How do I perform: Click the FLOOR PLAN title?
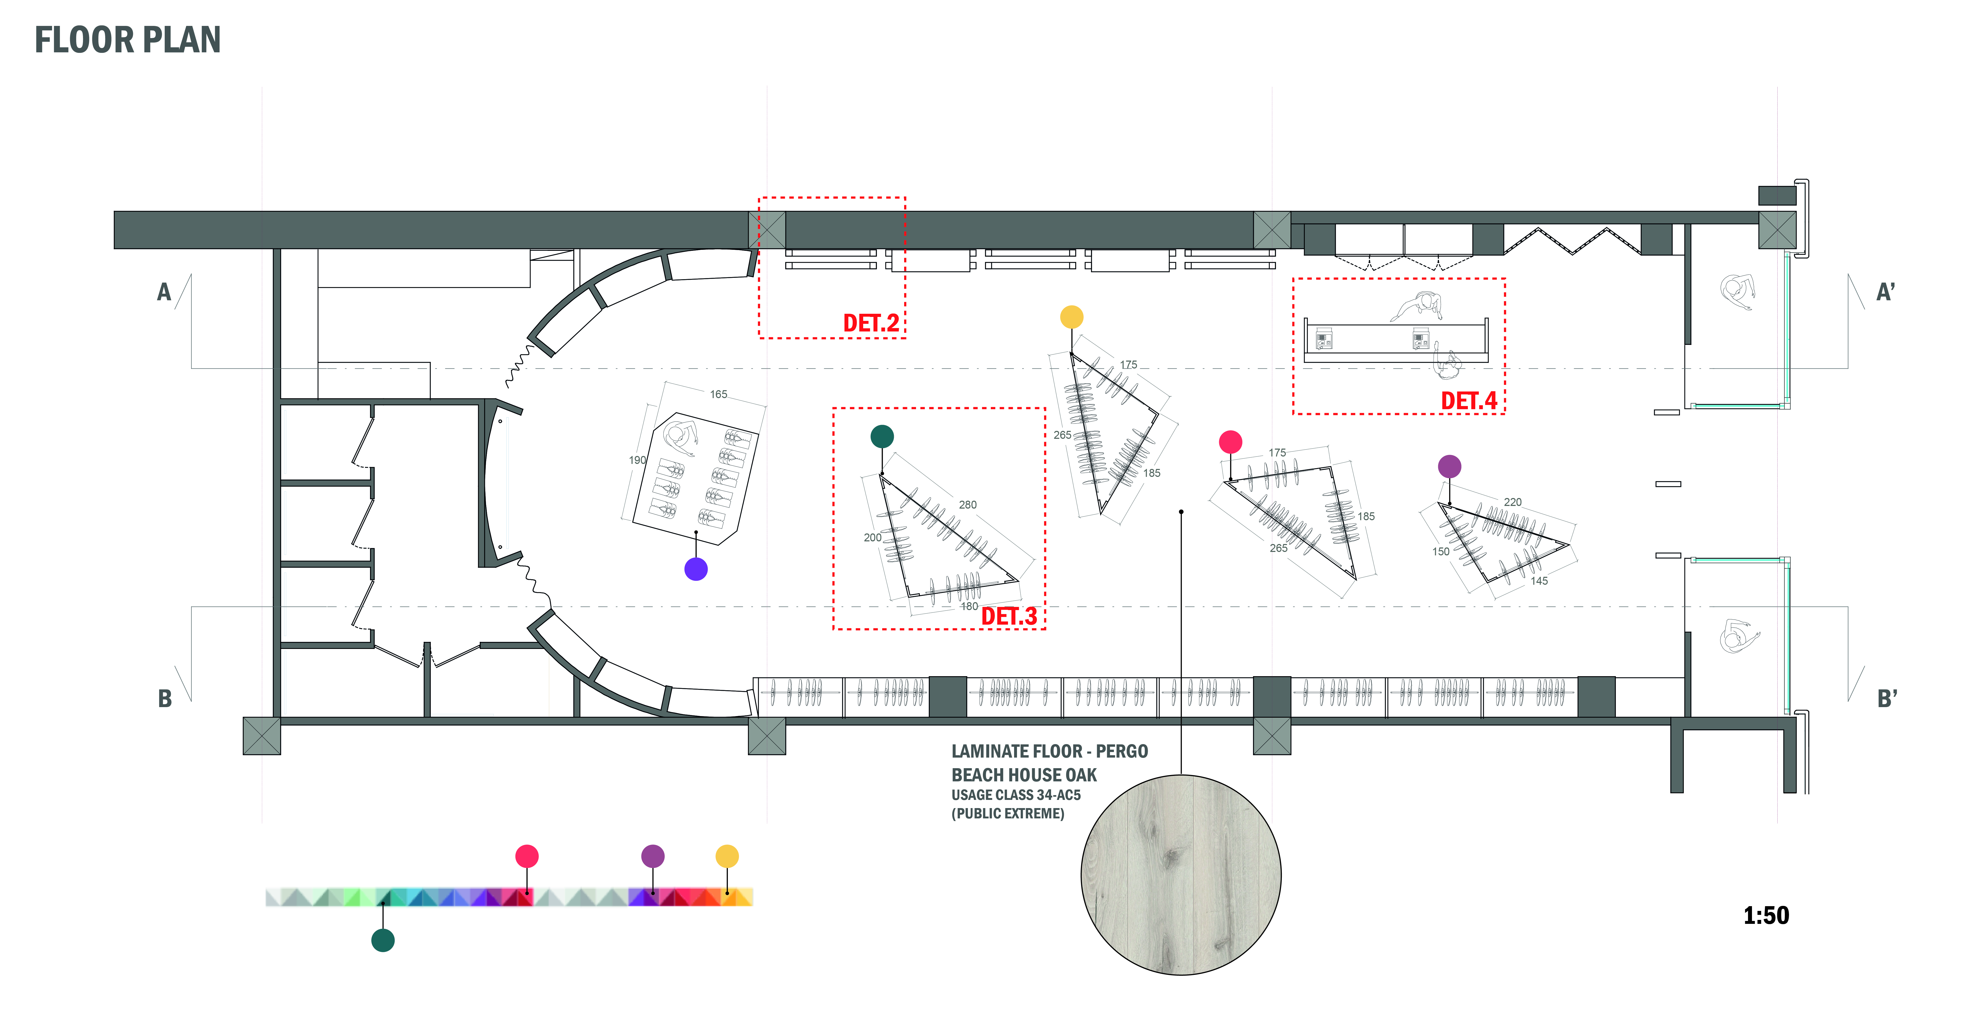pos(128,40)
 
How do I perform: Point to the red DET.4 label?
pos(1468,401)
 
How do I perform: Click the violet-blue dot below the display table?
pos(696,569)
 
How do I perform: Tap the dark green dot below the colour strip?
pos(383,940)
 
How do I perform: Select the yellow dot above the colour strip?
pos(727,856)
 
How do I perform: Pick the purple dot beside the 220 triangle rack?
pos(1449,466)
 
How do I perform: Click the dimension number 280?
pos(967,505)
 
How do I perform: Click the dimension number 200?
pos(872,538)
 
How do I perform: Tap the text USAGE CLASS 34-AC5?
pos(1016,795)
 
